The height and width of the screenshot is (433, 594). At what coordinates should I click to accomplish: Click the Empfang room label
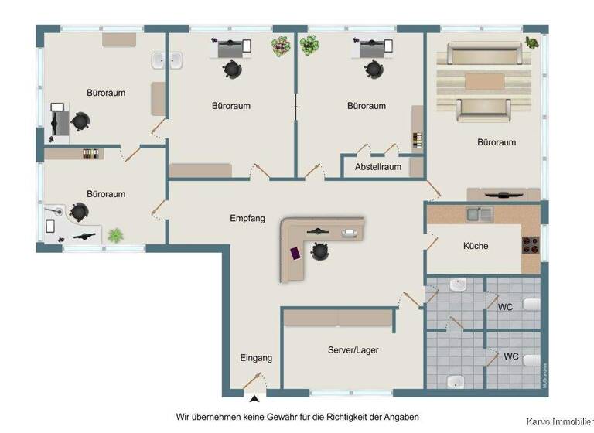247,219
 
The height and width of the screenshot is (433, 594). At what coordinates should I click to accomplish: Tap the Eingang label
256,358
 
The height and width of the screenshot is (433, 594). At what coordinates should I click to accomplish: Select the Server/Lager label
353,350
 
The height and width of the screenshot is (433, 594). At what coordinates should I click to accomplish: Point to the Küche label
476,246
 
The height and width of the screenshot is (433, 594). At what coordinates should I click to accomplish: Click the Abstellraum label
377,167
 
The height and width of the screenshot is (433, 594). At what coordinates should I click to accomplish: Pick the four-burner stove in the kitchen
531,244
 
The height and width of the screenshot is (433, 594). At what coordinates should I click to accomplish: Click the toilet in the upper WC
530,305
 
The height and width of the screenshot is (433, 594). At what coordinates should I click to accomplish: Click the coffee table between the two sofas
485,81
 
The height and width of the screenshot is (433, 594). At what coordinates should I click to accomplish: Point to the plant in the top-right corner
532,43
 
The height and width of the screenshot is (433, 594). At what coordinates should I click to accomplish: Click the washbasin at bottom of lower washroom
456,380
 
